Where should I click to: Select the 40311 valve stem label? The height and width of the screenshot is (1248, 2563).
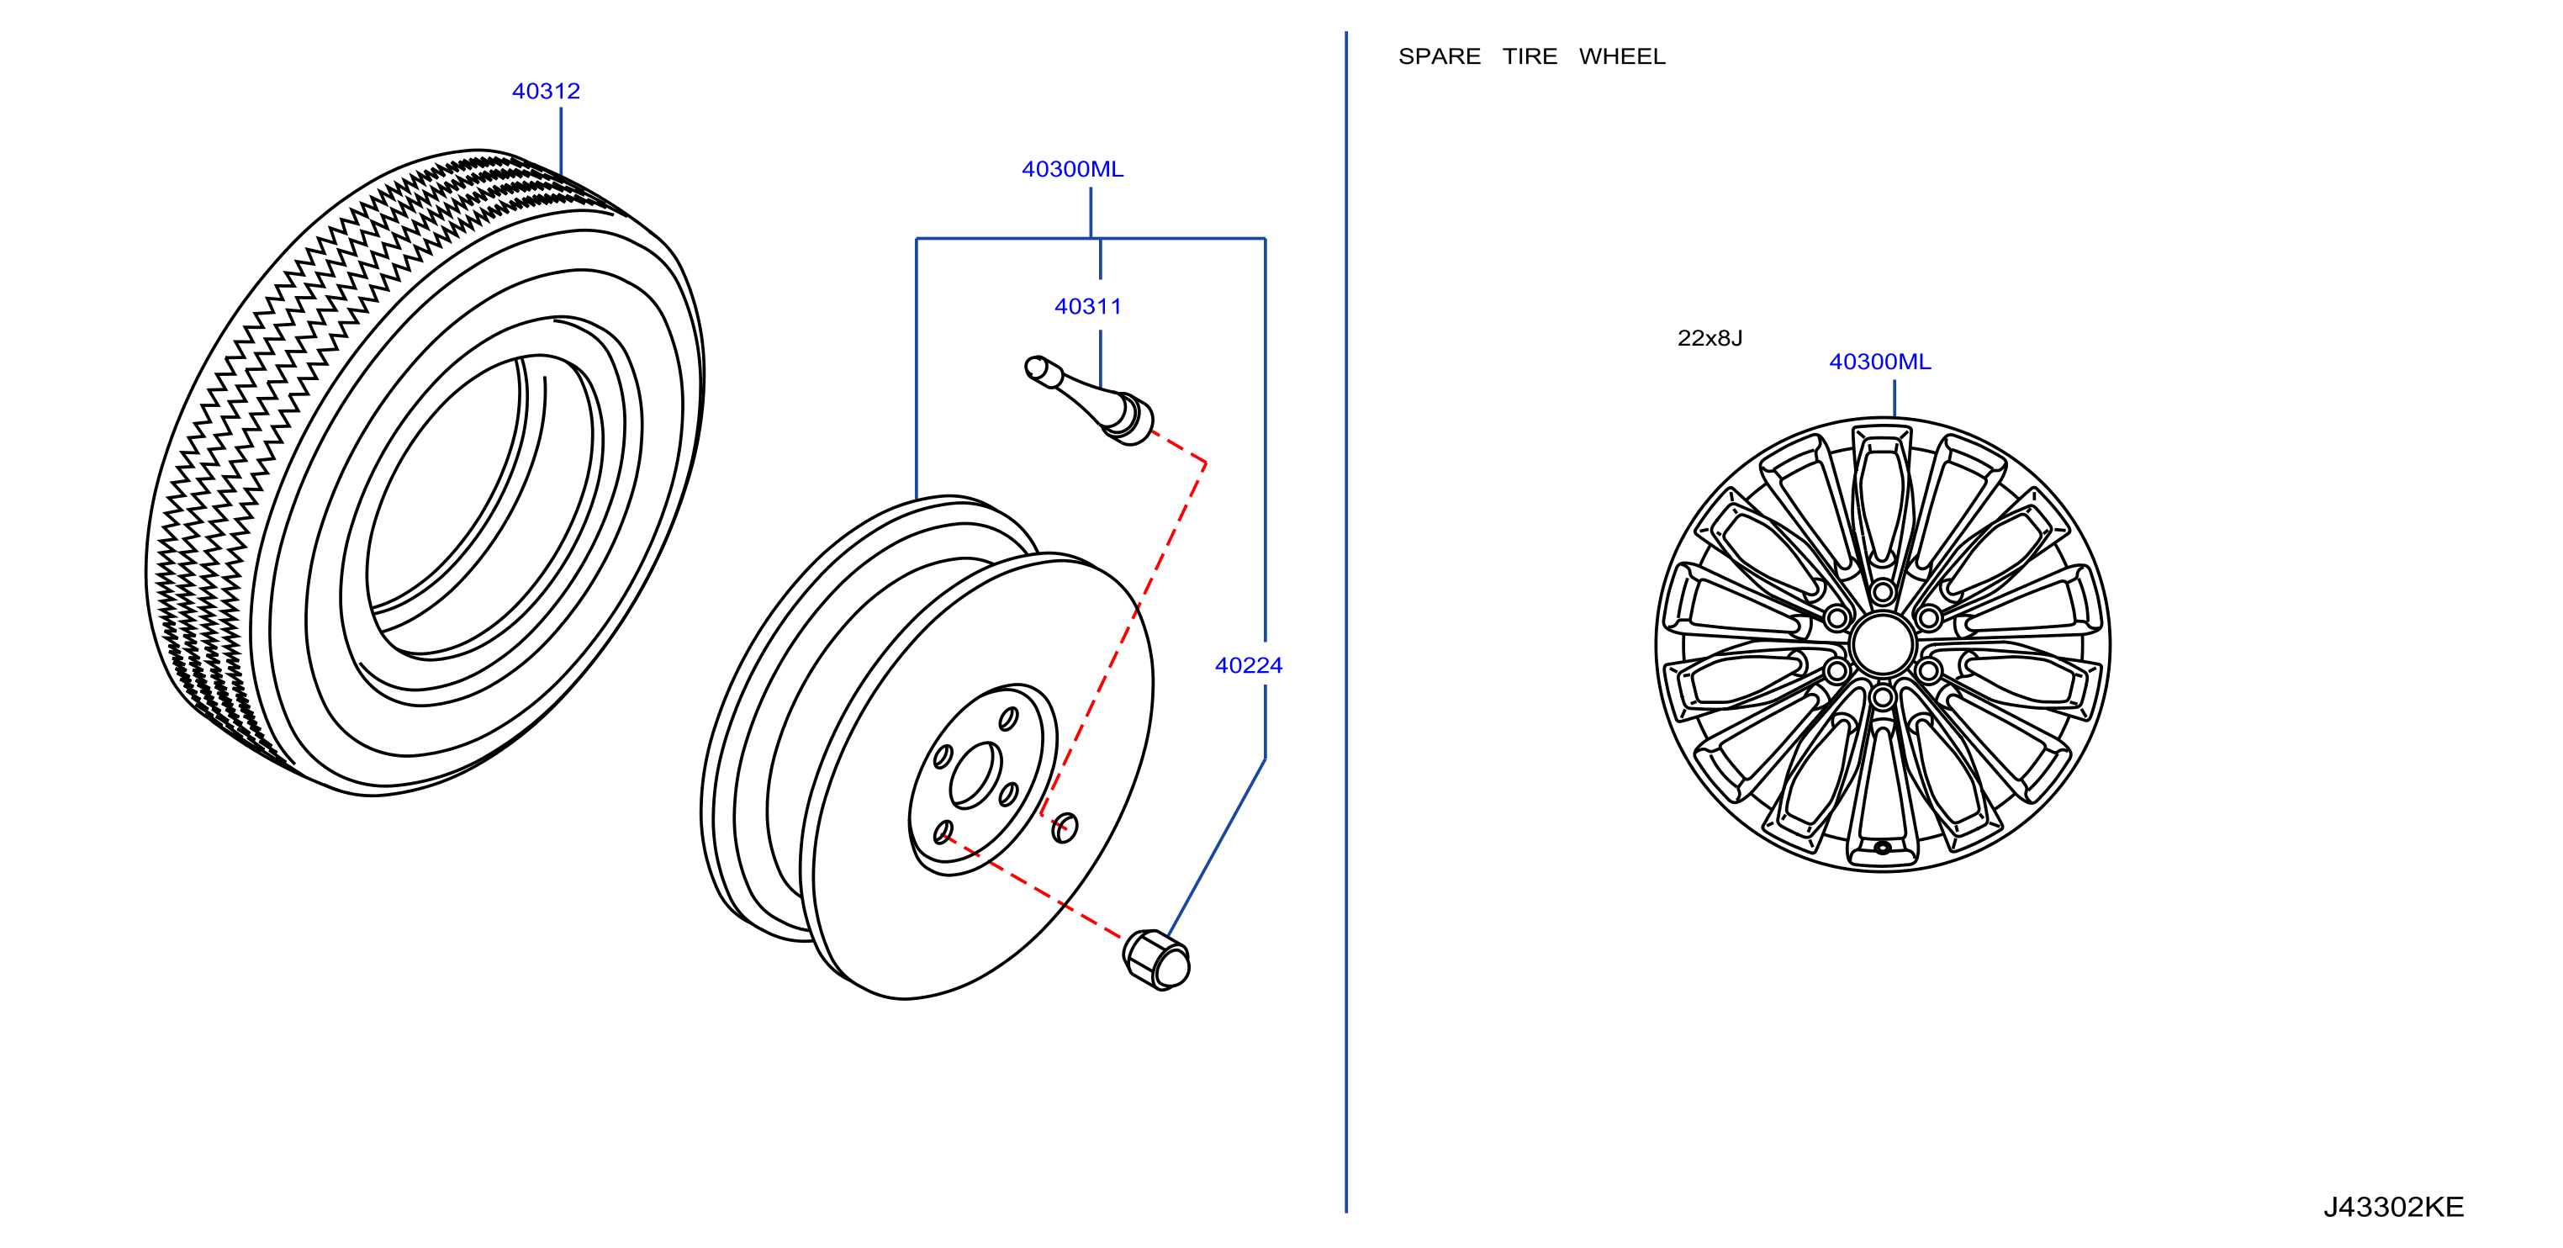[1087, 306]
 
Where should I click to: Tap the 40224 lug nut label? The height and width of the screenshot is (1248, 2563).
[1249, 666]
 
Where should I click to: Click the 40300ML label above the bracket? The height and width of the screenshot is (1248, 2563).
[1073, 169]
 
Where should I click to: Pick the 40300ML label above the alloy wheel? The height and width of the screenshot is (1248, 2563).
[1879, 362]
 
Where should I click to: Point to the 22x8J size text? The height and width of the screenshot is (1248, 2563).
[1710, 338]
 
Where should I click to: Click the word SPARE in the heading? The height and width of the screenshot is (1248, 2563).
[1439, 56]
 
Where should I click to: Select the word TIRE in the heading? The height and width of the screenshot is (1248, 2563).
[1530, 56]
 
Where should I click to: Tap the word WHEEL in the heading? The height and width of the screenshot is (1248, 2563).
[1622, 56]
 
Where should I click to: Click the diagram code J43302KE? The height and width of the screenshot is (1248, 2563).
[2393, 1207]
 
